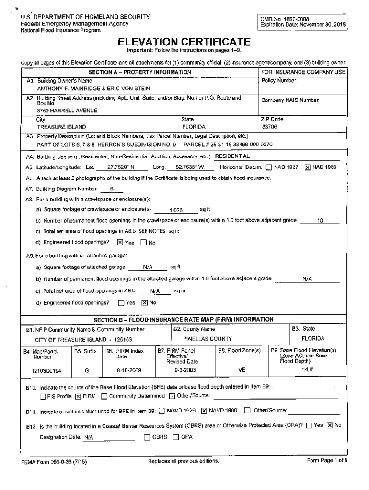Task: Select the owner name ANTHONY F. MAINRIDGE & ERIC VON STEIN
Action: [93, 89]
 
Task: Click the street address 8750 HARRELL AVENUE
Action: [68, 111]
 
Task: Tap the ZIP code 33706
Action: [269, 127]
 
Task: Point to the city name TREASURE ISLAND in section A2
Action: [61, 127]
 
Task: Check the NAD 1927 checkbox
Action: [269, 167]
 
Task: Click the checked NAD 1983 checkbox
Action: [307, 167]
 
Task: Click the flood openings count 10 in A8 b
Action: [320, 220]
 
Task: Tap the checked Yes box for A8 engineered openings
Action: [120, 242]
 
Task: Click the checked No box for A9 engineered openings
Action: [144, 302]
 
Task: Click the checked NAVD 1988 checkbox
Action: [204, 410]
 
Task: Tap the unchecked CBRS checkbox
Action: [147, 437]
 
